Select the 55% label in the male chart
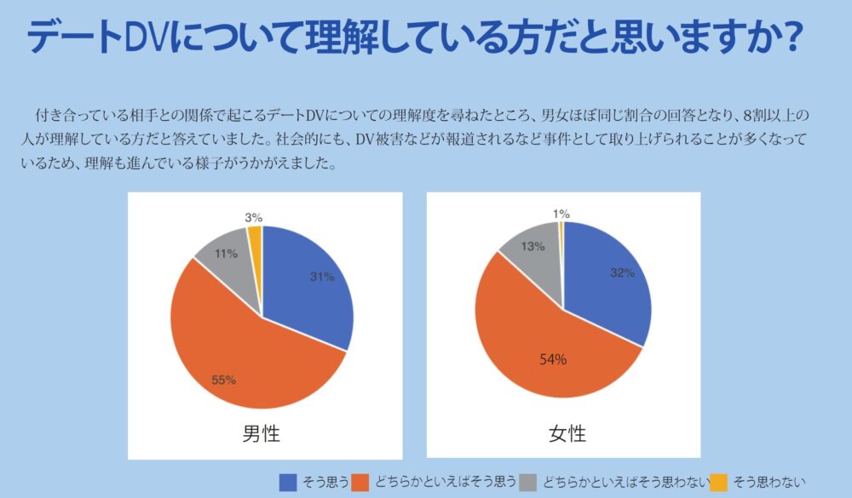(x=223, y=380)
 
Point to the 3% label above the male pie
(x=254, y=218)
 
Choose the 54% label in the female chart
(x=552, y=359)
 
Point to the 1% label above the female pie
(x=561, y=215)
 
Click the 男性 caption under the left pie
(x=262, y=434)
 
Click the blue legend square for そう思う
(x=288, y=482)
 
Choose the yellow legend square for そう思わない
(x=719, y=482)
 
